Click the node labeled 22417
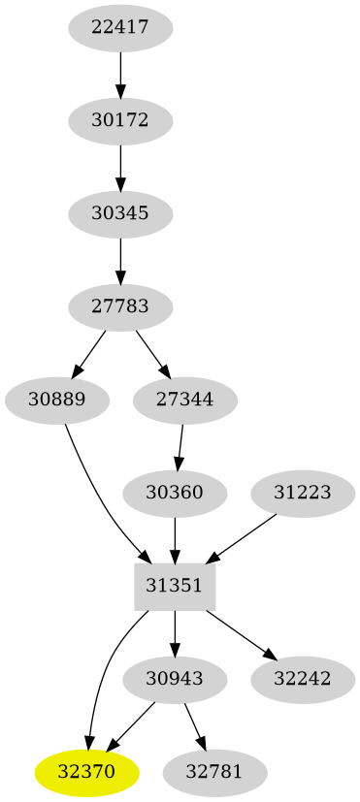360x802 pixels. [x=120, y=27]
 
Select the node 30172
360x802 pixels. [x=120, y=121]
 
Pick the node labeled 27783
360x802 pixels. [x=120, y=307]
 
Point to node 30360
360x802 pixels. [x=175, y=493]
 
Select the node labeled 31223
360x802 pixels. [x=303, y=493]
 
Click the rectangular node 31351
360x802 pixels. [x=175, y=585]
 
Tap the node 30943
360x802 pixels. [x=175, y=680]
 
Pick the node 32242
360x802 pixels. [x=303, y=680]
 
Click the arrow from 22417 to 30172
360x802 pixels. [x=120, y=74]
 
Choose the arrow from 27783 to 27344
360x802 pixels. [x=151, y=353]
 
